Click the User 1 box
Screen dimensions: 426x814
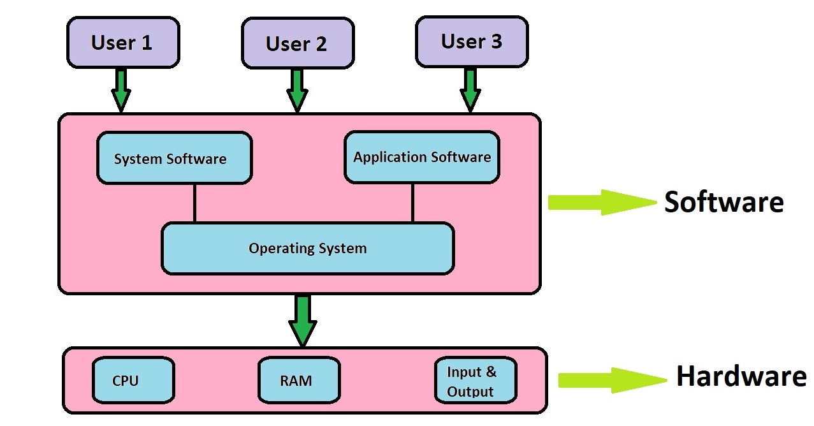pos(123,42)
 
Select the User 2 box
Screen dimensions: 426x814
pos(297,43)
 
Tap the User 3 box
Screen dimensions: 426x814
pos(472,41)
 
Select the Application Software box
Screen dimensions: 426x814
pos(422,157)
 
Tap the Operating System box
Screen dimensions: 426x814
pos(307,248)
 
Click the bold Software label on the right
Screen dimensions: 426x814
pos(723,202)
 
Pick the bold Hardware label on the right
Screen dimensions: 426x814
pos(741,376)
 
